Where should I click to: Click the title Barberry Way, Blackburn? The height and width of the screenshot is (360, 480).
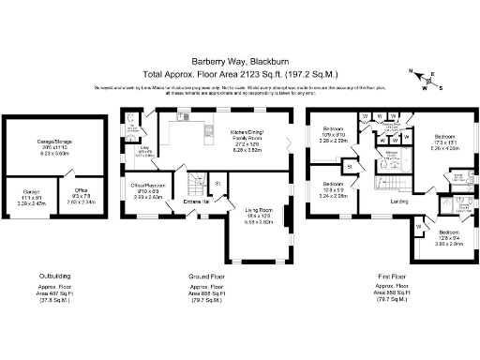239,56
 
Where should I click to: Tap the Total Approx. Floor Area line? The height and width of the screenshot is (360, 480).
239,72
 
